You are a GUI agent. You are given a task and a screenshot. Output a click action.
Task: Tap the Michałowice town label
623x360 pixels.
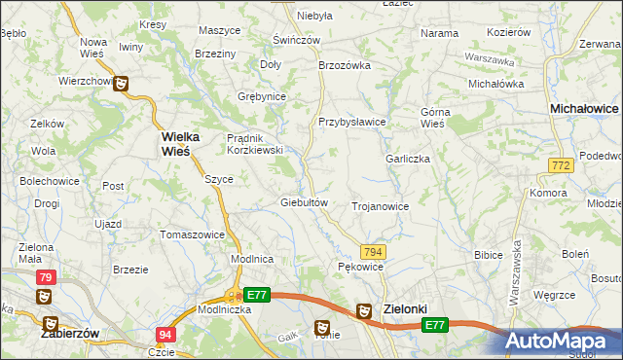[585, 111]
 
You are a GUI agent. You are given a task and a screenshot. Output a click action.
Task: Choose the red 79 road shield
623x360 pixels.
[47, 277]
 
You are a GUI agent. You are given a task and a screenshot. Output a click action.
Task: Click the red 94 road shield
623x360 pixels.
[165, 335]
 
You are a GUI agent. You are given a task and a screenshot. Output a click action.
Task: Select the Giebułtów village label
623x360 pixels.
[308, 202]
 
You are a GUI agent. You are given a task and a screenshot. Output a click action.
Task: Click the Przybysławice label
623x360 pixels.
[352, 122]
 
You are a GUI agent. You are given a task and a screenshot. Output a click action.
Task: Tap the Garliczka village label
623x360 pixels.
[408, 159]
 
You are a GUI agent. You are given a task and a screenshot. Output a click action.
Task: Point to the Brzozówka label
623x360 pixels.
[346, 65]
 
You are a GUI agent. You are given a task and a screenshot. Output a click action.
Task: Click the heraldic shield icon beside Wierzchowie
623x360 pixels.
[122, 84]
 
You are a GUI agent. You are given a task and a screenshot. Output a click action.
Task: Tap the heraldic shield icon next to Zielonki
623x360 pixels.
[363, 310]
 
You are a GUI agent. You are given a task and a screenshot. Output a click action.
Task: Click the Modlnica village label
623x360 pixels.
[251, 259]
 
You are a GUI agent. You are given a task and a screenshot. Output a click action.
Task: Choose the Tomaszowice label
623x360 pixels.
[193, 234]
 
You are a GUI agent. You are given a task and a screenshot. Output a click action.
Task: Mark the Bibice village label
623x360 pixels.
[487, 255]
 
